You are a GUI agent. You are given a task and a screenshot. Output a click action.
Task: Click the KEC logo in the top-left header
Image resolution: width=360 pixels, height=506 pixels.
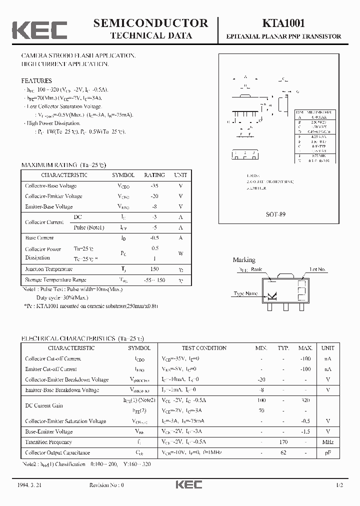click(x=39, y=29)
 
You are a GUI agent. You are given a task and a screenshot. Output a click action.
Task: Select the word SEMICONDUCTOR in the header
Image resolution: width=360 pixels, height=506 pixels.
click(x=150, y=23)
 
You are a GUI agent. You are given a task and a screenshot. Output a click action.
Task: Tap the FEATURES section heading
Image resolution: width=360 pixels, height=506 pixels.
click(x=36, y=80)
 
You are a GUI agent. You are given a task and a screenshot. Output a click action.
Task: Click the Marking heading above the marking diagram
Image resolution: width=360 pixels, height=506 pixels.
click(x=244, y=260)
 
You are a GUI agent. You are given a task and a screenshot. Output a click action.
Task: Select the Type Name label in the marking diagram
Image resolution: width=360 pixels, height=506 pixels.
click(x=245, y=293)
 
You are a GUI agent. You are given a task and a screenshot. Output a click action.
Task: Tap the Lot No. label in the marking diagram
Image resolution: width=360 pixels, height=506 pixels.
click(x=317, y=269)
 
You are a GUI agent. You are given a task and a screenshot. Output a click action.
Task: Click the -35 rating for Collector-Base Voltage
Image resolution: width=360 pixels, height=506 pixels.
click(x=154, y=185)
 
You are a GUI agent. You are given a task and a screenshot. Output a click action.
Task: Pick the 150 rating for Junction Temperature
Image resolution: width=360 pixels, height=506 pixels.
click(x=154, y=269)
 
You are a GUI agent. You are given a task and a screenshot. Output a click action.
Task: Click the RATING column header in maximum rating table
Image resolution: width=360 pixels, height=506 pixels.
click(x=154, y=175)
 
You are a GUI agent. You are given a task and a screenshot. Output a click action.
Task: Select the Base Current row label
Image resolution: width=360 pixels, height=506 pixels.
click(x=39, y=238)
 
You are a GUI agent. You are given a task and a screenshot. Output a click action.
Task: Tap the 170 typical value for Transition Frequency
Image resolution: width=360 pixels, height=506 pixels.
click(x=283, y=442)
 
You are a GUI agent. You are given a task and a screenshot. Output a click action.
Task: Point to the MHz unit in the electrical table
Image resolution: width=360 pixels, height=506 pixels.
click(x=327, y=442)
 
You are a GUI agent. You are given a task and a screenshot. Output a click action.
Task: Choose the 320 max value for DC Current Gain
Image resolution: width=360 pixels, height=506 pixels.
click(x=305, y=400)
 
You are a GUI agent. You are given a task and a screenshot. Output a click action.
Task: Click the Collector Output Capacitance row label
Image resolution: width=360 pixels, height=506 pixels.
click(x=57, y=452)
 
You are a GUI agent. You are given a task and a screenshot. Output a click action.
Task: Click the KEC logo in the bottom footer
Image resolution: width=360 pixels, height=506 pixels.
click(x=188, y=485)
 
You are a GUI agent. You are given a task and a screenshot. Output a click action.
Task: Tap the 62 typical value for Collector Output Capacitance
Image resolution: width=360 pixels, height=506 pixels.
click(x=283, y=452)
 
